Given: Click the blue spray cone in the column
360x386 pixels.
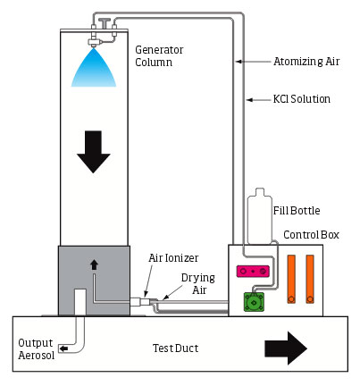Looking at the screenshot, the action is [94, 70].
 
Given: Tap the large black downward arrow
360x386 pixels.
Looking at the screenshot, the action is [94, 152].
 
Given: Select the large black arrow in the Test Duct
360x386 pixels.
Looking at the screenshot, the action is [286, 348].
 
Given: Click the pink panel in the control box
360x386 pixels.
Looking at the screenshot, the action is [253, 272].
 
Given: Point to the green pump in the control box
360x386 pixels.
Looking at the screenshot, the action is [254, 302].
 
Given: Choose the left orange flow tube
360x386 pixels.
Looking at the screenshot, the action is [291, 279].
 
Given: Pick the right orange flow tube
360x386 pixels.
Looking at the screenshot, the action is [310, 279].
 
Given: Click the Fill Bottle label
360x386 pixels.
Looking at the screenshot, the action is [297, 211].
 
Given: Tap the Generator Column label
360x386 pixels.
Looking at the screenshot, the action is [159, 56].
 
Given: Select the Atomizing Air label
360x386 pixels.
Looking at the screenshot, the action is [306, 62].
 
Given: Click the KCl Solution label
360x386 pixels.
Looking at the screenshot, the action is [302, 99].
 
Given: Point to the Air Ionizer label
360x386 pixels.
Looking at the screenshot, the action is [173, 258].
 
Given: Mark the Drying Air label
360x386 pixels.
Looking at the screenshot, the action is [198, 284].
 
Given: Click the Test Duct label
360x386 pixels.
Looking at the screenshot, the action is [175, 348].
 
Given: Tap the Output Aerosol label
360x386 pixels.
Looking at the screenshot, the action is [36, 348].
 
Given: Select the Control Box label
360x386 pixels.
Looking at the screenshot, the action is [311, 235].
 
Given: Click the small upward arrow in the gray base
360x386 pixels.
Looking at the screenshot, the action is [94, 264].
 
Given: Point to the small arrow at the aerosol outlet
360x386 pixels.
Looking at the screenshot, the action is [63, 348].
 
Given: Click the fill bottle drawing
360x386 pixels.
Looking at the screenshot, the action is [260, 217].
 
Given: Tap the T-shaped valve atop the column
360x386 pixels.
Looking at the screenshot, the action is [105, 23].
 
